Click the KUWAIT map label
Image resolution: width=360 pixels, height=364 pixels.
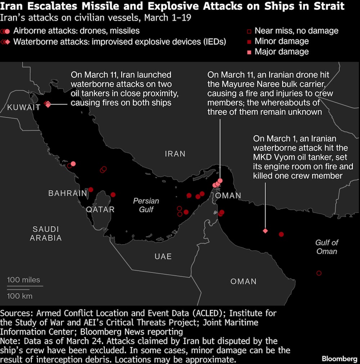tap(24, 107)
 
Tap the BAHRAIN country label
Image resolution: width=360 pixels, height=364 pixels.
tap(68, 193)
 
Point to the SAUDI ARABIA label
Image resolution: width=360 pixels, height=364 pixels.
tap(46, 233)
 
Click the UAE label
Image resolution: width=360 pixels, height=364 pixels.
tap(163, 256)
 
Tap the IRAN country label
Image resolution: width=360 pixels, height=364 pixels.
tap(175, 154)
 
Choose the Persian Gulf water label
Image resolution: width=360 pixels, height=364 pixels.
tap(146, 205)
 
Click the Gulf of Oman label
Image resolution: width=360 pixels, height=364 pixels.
tap(327, 247)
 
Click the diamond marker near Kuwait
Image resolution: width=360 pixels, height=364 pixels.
tap(48, 104)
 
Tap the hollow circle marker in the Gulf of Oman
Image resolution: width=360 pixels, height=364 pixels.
tap(319, 273)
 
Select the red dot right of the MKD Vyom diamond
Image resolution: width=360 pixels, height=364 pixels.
tap(282, 235)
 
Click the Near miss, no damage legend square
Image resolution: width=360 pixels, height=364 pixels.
tap(249, 31)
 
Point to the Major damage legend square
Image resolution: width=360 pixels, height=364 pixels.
tap(249, 52)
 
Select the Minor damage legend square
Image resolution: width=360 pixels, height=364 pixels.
tap(249, 42)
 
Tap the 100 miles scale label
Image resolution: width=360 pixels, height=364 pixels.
tap(24, 280)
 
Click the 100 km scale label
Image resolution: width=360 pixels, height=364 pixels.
tap(20, 296)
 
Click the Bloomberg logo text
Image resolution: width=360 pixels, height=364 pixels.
tap(339, 359)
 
